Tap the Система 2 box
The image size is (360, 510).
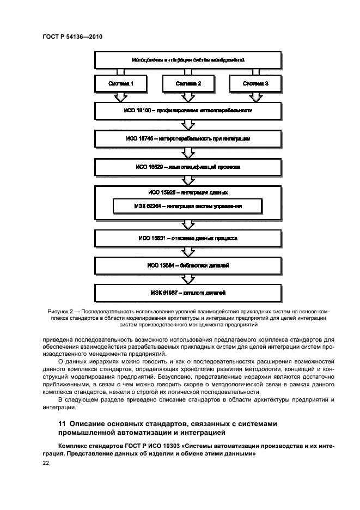188,84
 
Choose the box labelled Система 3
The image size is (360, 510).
255,84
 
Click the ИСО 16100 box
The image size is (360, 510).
187,110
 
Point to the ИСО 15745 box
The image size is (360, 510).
187,139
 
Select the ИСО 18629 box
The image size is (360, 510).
187,167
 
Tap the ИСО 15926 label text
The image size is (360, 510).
187,192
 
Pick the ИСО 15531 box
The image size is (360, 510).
187,238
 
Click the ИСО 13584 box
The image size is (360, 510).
187,266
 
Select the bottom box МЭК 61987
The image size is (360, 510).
187,293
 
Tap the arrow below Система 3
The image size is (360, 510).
255,97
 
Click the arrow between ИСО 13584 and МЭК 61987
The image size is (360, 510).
187,280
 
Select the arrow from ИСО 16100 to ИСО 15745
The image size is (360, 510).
187,125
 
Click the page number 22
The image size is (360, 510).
46,463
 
